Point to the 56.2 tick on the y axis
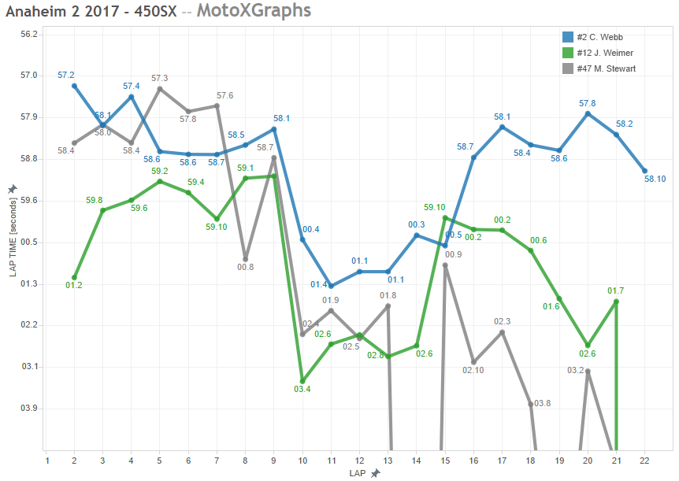[x=30, y=35]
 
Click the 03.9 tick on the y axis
[x=30, y=408]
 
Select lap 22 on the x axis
[x=644, y=461]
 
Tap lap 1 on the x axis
[x=46, y=461]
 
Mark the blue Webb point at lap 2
[x=74, y=86]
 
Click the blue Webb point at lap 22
[x=644, y=171]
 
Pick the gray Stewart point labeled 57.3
[x=160, y=89]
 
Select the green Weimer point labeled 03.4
[x=302, y=381]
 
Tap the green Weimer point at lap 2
[x=74, y=277]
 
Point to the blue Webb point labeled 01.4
[x=331, y=286]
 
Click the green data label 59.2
[x=160, y=171]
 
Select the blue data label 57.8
[x=587, y=103]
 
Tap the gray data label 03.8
[x=543, y=403]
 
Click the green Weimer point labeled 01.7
[x=616, y=302]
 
